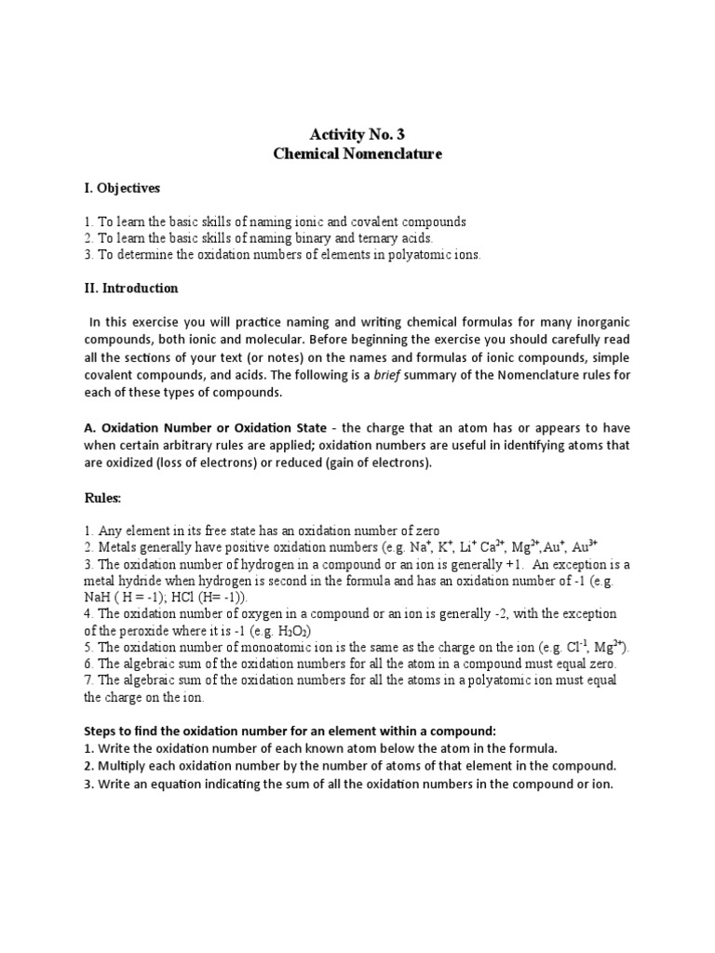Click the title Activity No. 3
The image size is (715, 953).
[x=357, y=134]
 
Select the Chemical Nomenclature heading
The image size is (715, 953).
[x=357, y=154]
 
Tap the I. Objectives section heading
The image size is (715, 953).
[x=122, y=188]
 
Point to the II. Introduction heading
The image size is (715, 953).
[x=131, y=289]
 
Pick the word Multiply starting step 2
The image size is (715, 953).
[x=125, y=766]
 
